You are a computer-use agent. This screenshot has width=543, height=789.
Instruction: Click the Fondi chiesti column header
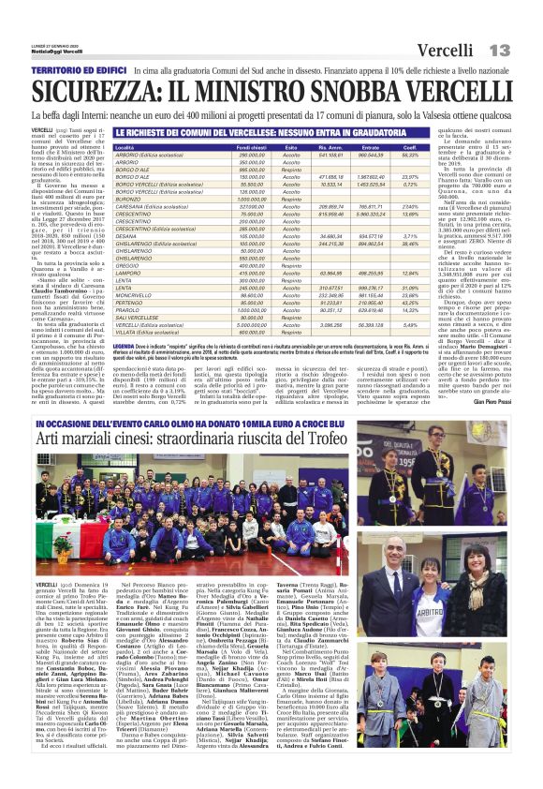click(253, 148)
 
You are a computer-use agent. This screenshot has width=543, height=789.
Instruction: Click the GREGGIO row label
click(126, 265)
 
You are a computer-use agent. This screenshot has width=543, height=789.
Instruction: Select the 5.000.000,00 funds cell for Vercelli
click(252, 324)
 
